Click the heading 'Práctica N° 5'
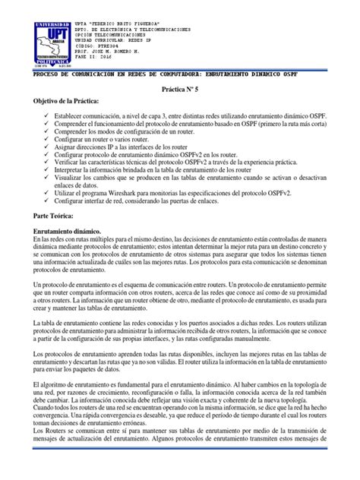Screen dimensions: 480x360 tap(179, 88)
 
